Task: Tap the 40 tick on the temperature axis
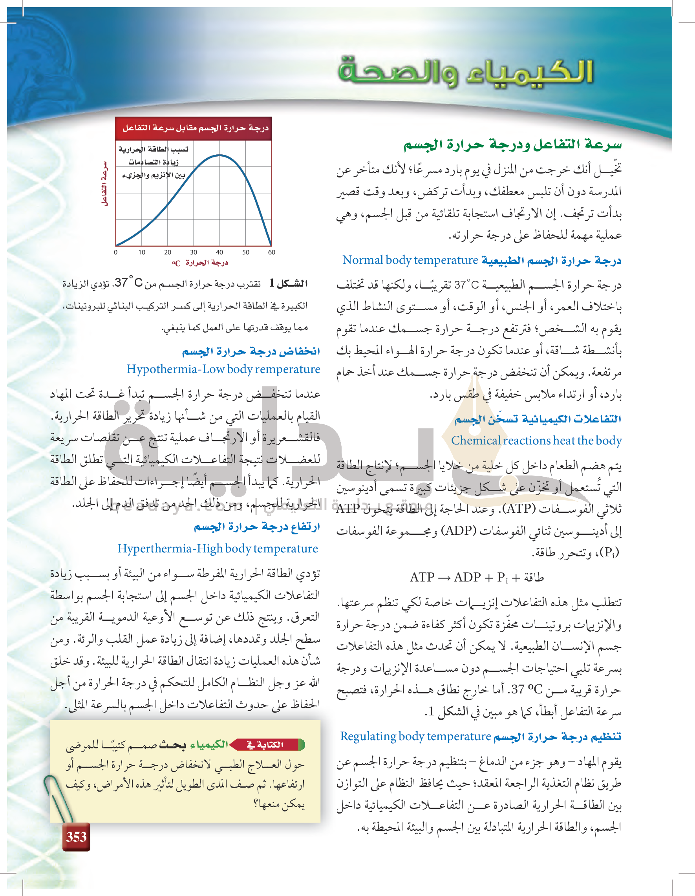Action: click(219, 252)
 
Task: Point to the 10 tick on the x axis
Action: click(141, 252)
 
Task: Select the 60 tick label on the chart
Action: click(271, 252)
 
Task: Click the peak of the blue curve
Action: click(219, 155)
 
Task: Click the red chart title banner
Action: click(194, 128)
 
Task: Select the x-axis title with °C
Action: click(200, 263)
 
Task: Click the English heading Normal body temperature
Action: click(410, 260)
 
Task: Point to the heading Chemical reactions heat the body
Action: click(536, 440)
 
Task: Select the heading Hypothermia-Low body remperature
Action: click(223, 369)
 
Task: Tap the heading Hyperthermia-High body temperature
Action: click(218, 549)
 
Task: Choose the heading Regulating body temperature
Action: click(415, 737)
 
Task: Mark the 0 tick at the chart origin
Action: click(116, 252)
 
